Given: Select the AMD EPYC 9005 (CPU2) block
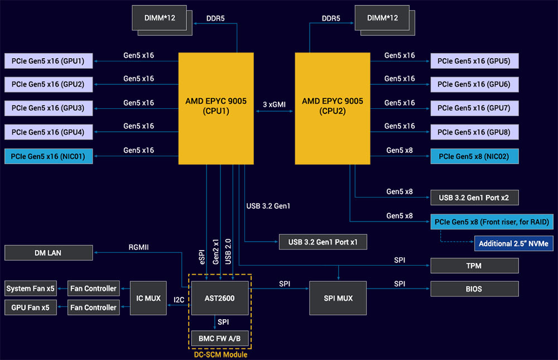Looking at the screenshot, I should (x=332, y=106).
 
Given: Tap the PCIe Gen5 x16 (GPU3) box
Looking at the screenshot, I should (x=48, y=108).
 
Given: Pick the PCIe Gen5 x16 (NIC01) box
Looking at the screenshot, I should (x=48, y=156).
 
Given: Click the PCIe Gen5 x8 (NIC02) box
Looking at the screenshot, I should (x=474, y=156).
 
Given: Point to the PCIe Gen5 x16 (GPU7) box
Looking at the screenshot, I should (x=474, y=108).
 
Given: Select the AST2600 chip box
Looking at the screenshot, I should (x=220, y=298).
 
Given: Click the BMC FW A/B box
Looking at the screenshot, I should (x=220, y=338).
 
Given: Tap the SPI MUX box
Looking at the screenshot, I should (x=339, y=298).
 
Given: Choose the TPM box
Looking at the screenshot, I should (x=474, y=266).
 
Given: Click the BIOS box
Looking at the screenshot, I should (x=474, y=289).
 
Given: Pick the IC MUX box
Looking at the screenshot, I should (x=148, y=298).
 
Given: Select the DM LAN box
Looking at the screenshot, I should (x=48, y=253).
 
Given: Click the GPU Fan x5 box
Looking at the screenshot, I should (x=31, y=308).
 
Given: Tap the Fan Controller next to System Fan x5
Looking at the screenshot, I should (x=93, y=289).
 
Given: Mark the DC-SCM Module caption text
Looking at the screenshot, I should (x=220, y=354).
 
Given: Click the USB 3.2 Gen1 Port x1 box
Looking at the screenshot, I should (x=323, y=242).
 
